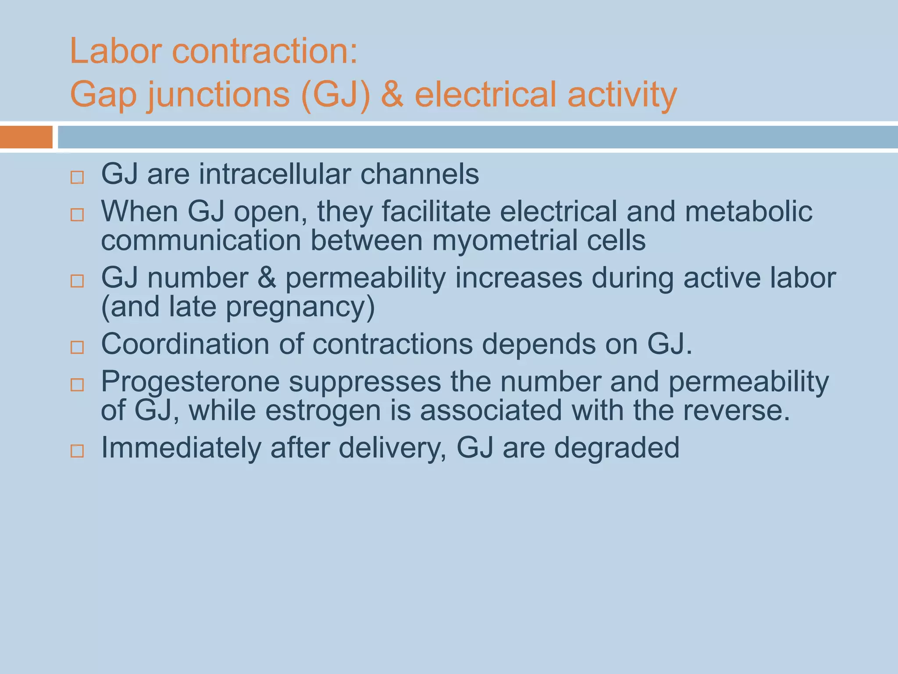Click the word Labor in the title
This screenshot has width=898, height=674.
116,51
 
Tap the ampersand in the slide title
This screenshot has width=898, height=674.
392,94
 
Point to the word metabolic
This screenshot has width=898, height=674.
748,212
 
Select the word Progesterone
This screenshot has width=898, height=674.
190,381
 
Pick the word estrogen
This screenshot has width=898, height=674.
323,411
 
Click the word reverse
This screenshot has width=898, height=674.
736,411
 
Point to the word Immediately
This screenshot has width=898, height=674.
181,448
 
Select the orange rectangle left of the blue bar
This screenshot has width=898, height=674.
26,137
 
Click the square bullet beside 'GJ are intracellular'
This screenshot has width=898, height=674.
77,178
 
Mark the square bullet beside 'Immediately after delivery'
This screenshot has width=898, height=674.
77,451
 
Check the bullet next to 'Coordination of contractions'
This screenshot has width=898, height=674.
77,348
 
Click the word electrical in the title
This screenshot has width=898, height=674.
486,94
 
